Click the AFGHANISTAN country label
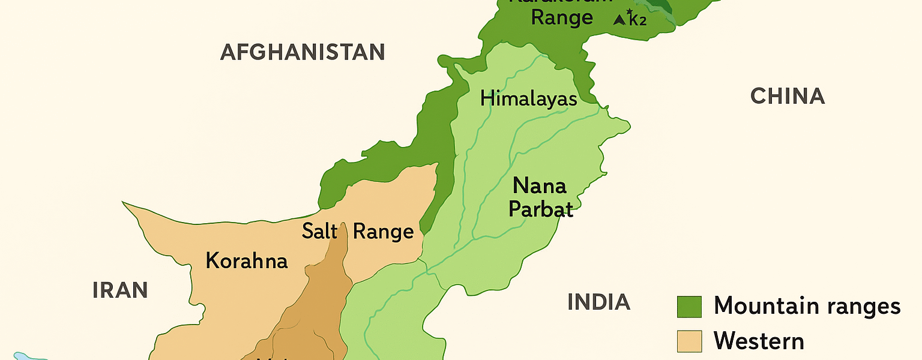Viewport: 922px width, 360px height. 302,52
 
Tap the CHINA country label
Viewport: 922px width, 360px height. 788,96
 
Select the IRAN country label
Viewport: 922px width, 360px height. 120,290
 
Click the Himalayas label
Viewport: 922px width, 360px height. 528,98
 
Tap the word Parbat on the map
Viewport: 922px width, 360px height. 540,209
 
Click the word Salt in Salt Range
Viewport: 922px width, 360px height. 319,231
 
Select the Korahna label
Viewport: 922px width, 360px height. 246,261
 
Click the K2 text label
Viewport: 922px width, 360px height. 637,20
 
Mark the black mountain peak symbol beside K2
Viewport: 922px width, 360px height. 619,20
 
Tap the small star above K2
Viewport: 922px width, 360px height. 630,11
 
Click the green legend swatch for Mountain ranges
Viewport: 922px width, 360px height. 689,307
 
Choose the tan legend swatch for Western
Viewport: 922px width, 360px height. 689,341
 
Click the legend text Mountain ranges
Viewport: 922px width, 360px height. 807,306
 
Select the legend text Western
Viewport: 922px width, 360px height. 759,341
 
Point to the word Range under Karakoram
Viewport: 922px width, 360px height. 562,18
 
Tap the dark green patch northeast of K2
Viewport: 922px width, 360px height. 660,5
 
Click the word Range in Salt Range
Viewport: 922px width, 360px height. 383,231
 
